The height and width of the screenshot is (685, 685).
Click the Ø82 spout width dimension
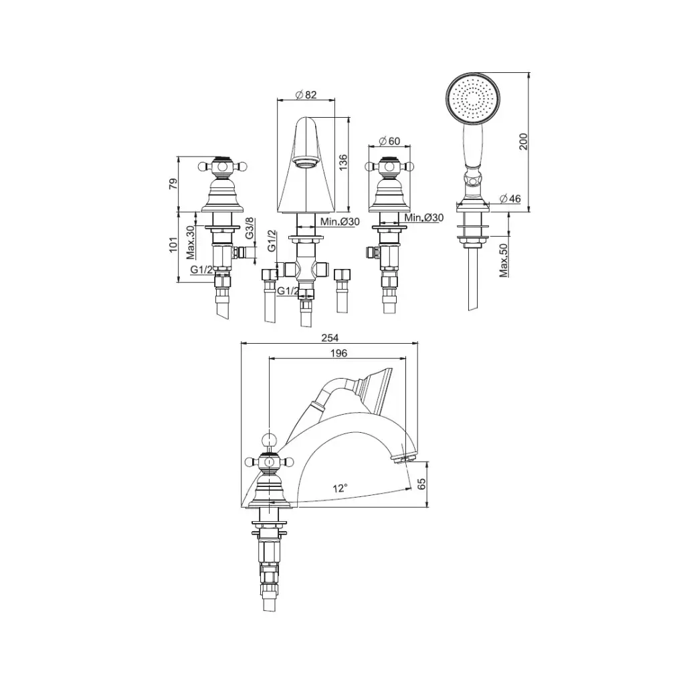[x=306, y=94]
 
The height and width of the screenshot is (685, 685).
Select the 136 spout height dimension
[x=343, y=162]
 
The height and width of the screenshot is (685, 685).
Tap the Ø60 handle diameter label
[x=389, y=141]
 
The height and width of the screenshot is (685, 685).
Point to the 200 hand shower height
[x=523, y=142]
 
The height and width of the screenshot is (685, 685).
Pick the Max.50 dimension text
[x=504, y=260]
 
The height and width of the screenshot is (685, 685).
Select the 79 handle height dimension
[x=173, y=183]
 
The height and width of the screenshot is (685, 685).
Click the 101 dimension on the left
[x=173, y=244]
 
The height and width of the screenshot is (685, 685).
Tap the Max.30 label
[x=190, y=242]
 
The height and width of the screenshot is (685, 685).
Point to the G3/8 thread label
[x=250, y=228]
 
